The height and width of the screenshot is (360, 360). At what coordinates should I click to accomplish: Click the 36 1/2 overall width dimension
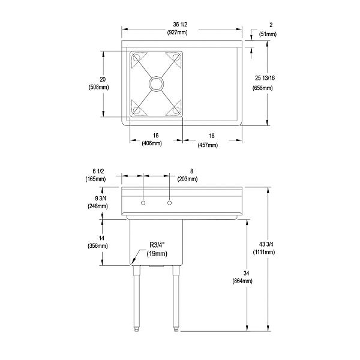182,25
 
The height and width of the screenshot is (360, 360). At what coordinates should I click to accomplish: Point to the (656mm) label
263,88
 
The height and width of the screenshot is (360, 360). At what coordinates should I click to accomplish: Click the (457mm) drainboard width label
207,144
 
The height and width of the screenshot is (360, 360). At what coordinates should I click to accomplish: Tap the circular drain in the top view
156,83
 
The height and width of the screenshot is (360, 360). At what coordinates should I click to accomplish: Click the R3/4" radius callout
157,245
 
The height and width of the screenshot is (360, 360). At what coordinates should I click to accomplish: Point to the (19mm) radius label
158,254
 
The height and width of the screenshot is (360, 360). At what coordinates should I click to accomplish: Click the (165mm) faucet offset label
95,179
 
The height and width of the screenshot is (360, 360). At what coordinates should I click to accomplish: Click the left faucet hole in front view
143,204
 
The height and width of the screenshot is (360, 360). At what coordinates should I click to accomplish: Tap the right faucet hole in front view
170,204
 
